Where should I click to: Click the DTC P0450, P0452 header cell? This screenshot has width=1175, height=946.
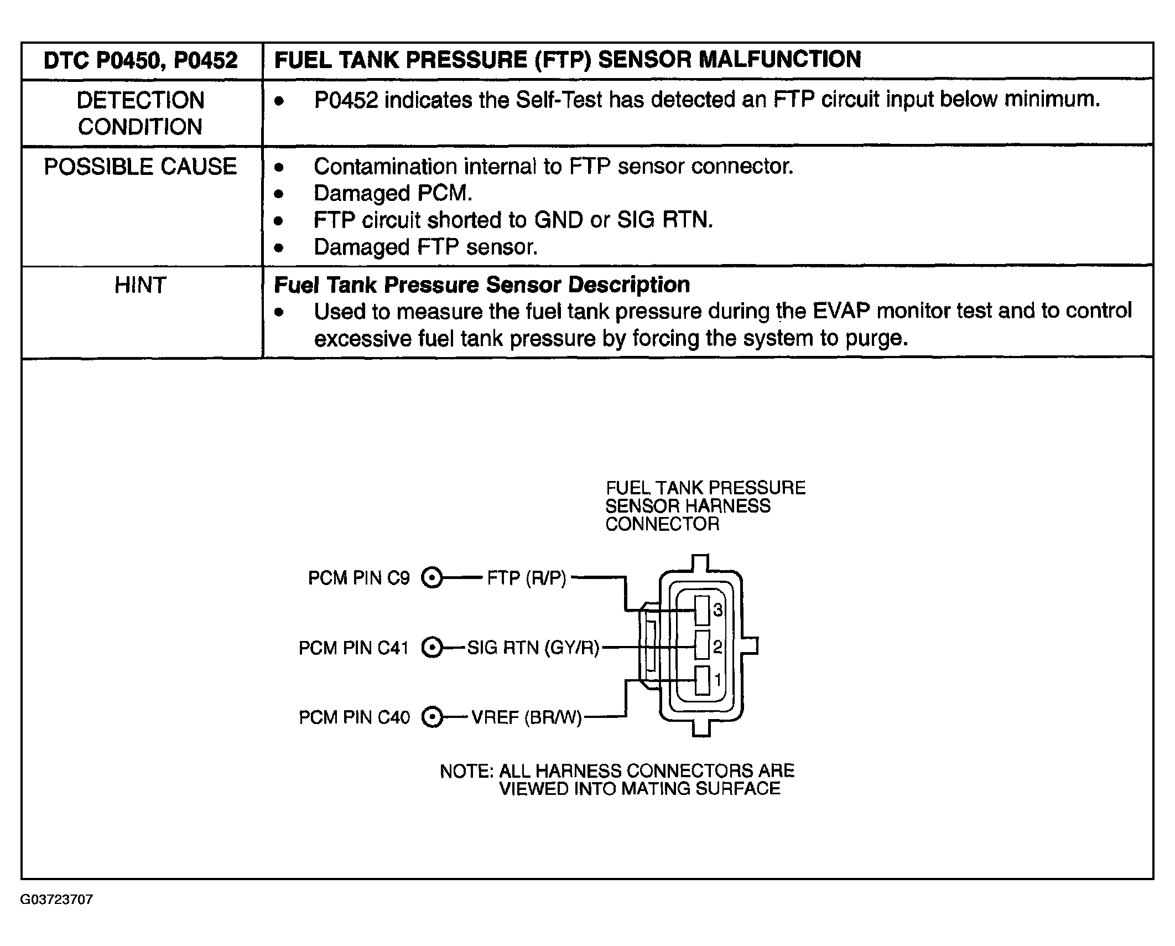click(141, 60)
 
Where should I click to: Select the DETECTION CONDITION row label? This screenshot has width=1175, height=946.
click(141, 113)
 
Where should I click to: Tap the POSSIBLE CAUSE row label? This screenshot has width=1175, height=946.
click(141, 167)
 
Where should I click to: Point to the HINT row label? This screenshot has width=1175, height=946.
click(141, 286)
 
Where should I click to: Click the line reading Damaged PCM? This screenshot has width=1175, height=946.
click(393, 193)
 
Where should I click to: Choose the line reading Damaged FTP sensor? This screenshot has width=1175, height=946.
click(425, 247)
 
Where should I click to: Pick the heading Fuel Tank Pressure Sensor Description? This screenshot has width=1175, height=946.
click(482, 285)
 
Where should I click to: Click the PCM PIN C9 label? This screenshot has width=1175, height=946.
click(358, 578)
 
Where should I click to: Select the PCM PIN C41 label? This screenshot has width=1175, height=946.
click(353, 648)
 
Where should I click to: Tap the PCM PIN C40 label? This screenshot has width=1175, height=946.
click(354, 717)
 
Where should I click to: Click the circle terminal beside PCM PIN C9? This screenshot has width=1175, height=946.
click(432, 578)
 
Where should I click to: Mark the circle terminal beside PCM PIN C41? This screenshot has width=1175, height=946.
click(432, 648)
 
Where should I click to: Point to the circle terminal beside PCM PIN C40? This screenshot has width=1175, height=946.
click(432, 717)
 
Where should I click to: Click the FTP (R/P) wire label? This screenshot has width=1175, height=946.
click(527, 578)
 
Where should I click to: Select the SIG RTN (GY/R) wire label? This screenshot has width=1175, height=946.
click(533, 648)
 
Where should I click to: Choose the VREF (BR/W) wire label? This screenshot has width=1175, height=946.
click(527, 718)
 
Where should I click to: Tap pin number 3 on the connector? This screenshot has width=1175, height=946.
click(718, 610)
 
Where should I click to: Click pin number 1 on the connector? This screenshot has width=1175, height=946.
click(718, 679)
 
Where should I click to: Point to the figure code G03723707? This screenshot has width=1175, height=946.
click(56, 900)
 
